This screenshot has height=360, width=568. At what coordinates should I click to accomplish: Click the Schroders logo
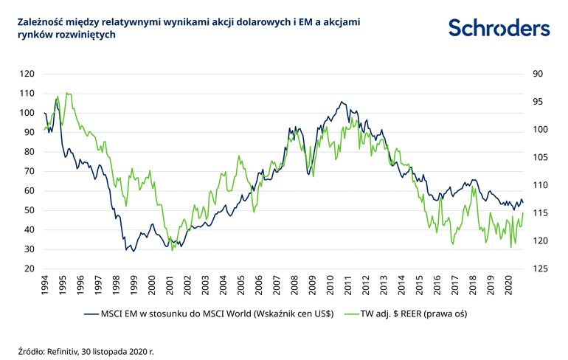coord(499,27)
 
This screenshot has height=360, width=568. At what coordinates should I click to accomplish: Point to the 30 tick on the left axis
coord(29,249)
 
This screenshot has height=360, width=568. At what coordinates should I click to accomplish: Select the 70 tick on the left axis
coord(29,171)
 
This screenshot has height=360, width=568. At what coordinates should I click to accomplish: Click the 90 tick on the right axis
coord(537,74)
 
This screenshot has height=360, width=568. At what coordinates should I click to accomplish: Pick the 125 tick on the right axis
coord(537,269)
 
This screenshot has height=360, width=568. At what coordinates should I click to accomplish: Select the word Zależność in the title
coord(41,23)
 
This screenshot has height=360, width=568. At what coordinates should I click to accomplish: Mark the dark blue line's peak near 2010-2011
coord(342,102)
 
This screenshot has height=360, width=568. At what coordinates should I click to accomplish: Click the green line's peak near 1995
coord(67,93)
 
